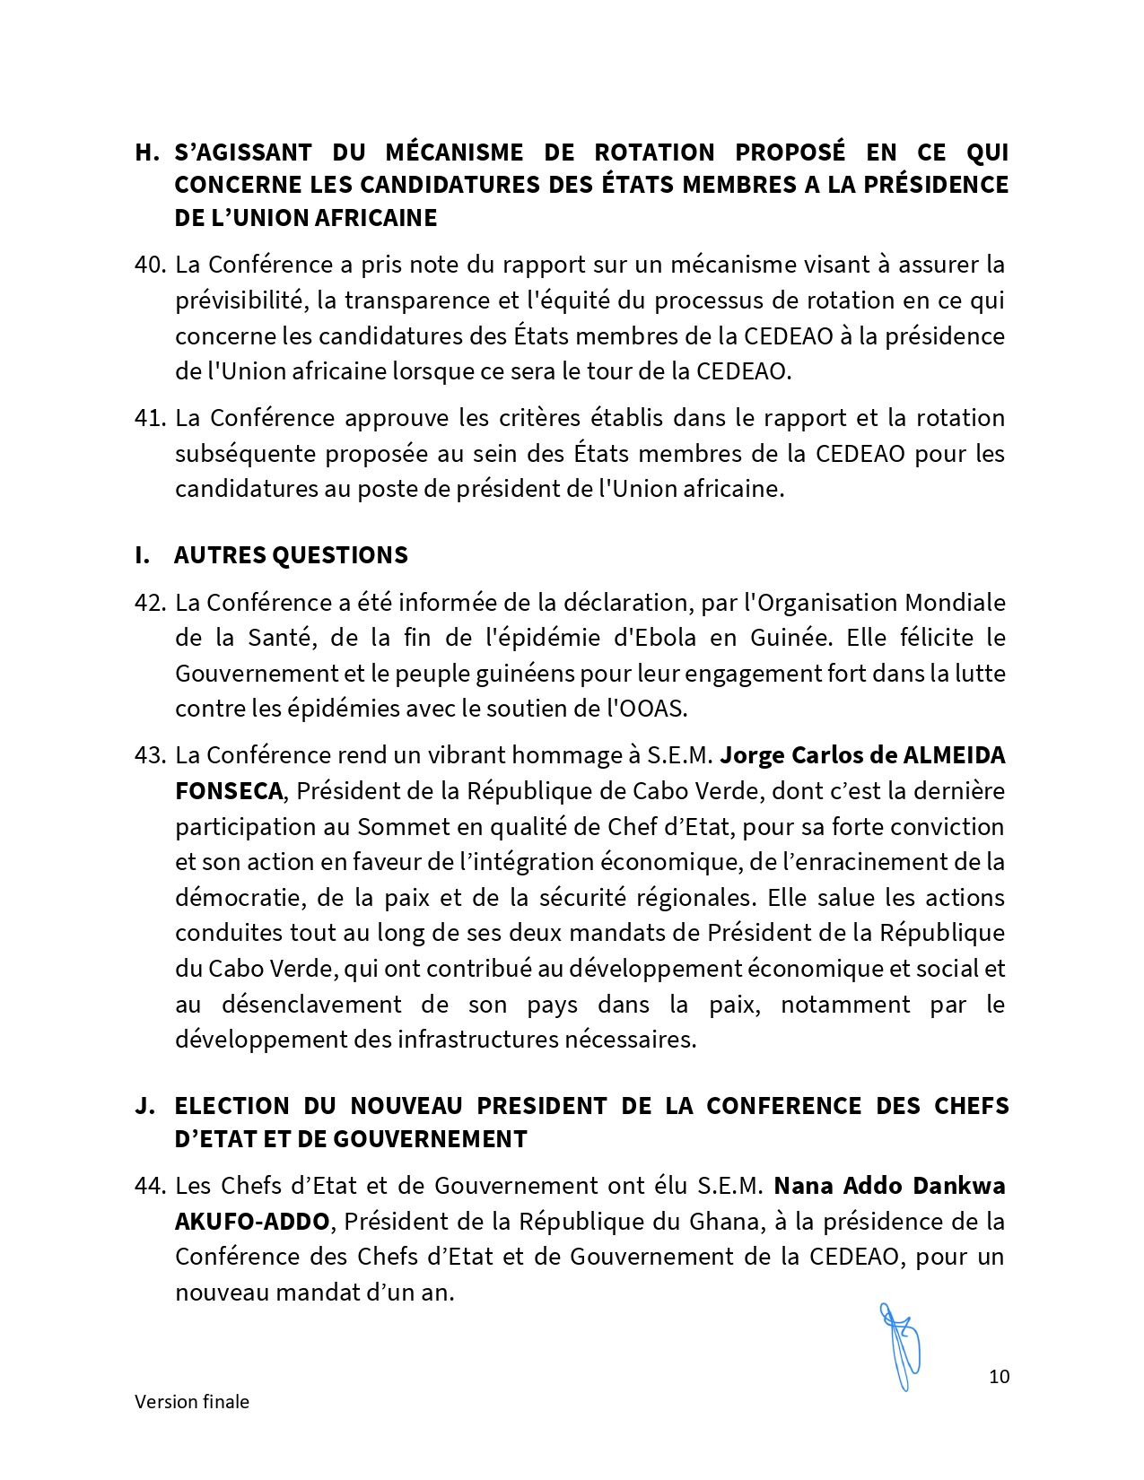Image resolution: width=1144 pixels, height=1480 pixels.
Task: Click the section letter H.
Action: coord(146,152)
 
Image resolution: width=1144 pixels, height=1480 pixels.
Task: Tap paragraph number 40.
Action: coord(150,265)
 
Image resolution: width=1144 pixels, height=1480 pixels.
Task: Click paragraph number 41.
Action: coord(150,418)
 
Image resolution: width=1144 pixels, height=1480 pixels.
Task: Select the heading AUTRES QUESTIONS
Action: coord(291,555)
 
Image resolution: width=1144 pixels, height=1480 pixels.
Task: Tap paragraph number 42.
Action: coord(150,603)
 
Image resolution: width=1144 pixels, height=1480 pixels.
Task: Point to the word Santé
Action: coord(279,638)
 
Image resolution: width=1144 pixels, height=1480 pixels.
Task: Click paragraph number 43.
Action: coord(150,755)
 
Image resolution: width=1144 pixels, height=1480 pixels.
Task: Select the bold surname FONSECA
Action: coord(229,791)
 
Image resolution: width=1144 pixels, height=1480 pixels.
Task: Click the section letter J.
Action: coord(144,1106)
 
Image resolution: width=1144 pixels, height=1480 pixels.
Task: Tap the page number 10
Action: coord(999,1377)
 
